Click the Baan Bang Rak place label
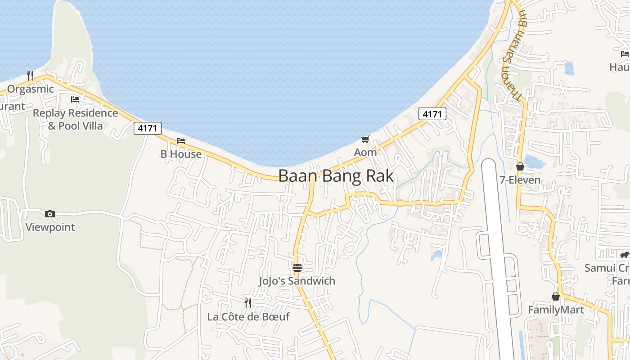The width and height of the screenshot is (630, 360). tap(336, 176)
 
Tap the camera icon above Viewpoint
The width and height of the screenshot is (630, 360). tap(50, 214)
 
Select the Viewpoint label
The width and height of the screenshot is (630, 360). tap(50, 227)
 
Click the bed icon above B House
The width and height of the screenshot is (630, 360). tap(181, 141)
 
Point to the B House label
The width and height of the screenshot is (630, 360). tap(181, 154)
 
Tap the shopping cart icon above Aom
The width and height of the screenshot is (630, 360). tap(365, 139)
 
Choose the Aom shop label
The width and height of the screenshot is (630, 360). tap(365, 152)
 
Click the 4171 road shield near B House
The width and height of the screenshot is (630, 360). tap(148, 128)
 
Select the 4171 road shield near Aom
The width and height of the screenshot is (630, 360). tap(432, 114)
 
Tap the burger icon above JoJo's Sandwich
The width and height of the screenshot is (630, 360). tap(297, 268)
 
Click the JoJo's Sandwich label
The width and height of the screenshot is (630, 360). tap(297, 281)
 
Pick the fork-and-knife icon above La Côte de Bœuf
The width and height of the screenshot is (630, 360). tap(248, 303)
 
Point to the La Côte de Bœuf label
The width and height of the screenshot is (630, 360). tap(248, 316)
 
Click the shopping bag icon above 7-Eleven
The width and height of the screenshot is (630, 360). tap(520, 166)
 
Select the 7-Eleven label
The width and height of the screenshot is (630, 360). tap(520, 180)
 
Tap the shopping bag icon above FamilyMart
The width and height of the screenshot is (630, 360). tap(556, 297)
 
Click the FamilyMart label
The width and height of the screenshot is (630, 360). tap(556, 310)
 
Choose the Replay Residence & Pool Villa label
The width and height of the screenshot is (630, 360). tap(75, 119)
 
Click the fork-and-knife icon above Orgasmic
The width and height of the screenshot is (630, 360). tap(30, 75)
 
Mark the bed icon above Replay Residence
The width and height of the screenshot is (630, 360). tap(75, 99)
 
